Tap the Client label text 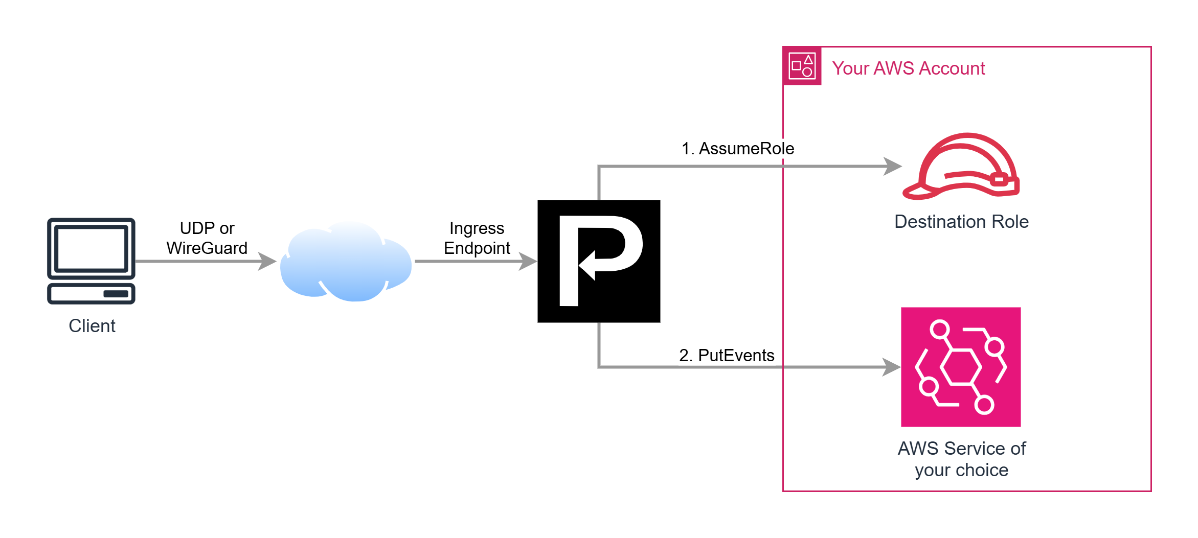click(92, 326)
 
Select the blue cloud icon click(346, 262)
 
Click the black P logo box click(599, 261)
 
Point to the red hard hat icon click(961, 166)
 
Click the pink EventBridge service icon click(961, 367)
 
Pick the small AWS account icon click(802, 66)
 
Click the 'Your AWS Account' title click(908, 68)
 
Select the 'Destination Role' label click(961, 222)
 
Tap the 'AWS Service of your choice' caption click(961, 459)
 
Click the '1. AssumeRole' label click(738, 149)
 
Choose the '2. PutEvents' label click(727, 355)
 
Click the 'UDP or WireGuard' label click(207, 238)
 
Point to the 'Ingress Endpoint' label click(477, 238)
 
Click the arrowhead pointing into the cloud click(268, 261)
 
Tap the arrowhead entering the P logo click(529, 261)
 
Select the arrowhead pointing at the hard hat click(893, 166)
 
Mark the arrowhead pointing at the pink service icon click(892, 367)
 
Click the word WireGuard click(207, 248)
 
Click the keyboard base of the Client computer click(91, 294)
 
